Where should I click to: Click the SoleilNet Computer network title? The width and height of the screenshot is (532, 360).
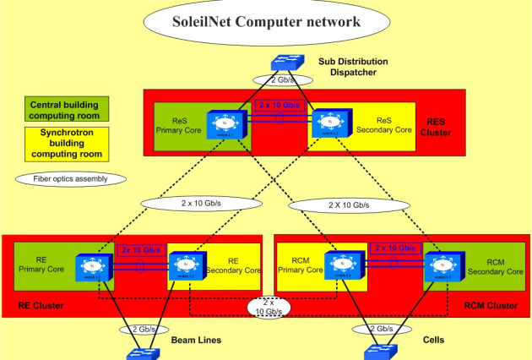pos(265,22)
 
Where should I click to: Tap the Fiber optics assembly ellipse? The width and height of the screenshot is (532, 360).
pos(71,179)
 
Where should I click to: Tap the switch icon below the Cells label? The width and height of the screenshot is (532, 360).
pos(377,352)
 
